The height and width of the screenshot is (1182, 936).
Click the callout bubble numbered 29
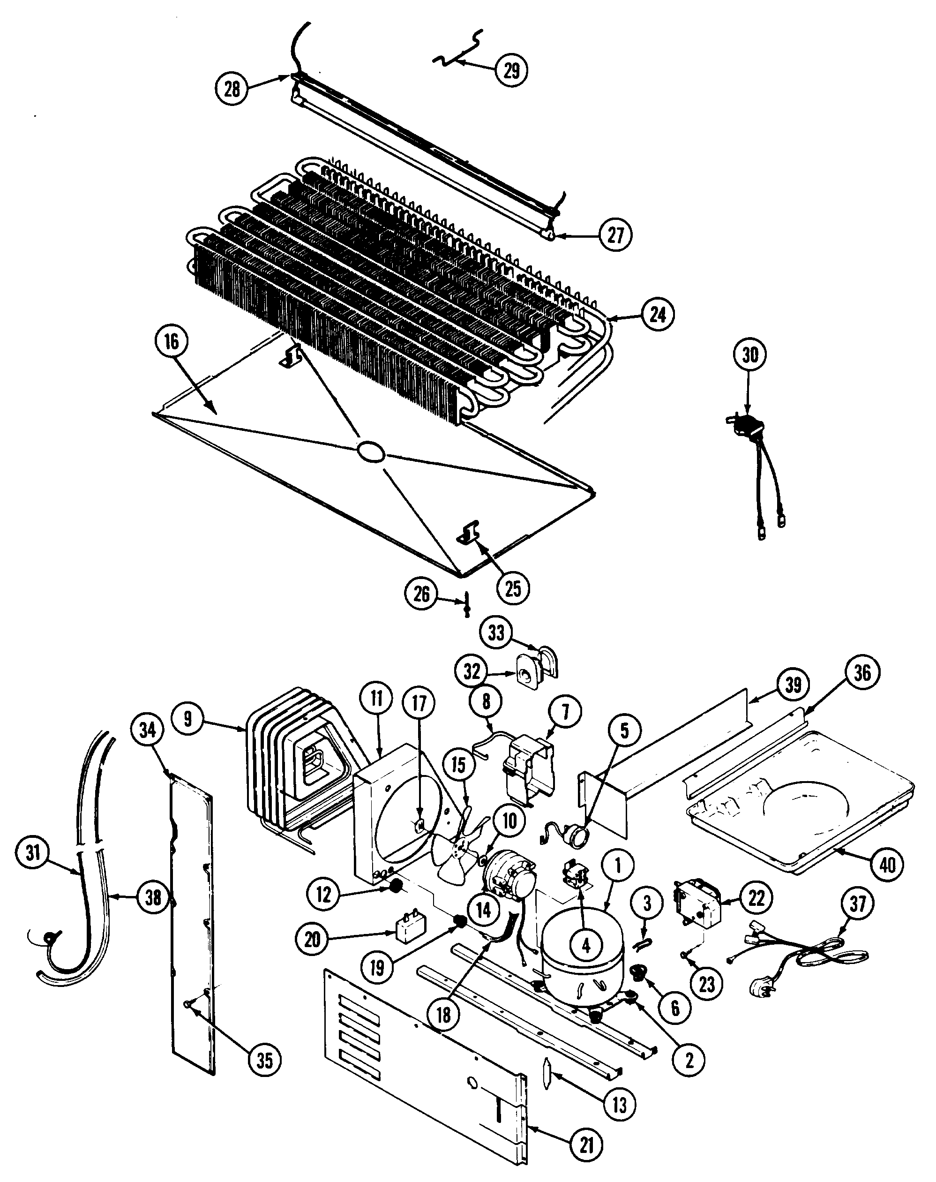[x=511, y=70]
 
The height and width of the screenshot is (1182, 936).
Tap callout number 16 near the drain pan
[x=172, y=341]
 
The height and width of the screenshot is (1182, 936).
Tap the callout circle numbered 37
[x=858, y=903]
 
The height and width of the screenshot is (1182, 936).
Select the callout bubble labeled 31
[x=33, y=852]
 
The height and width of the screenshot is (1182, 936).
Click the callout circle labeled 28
[x=232, y=88]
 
